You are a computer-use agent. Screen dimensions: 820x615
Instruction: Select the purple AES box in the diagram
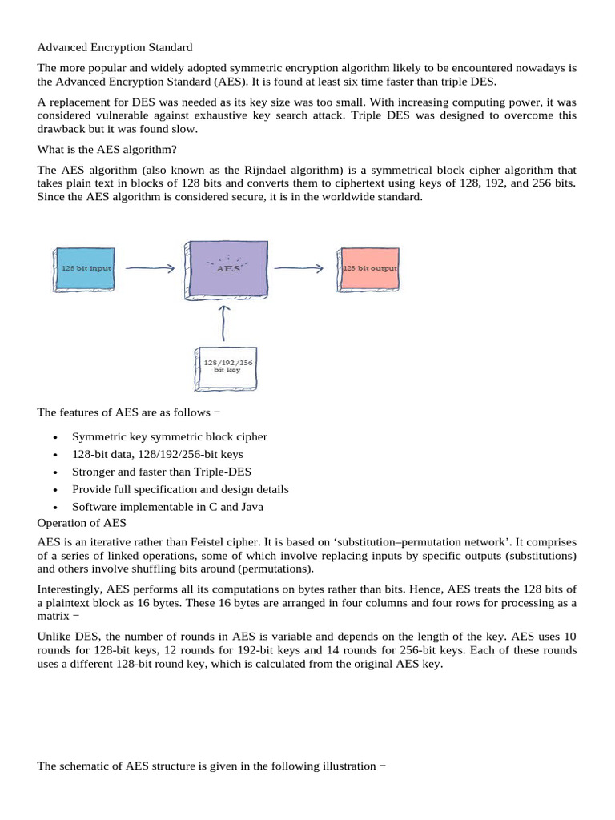[x=229, y=270]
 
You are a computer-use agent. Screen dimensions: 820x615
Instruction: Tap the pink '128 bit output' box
[x=370, y=268]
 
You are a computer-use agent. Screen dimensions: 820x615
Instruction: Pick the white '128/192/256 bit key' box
[x=228, y=367]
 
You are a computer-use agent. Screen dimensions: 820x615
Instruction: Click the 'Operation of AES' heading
[x=82, y=524]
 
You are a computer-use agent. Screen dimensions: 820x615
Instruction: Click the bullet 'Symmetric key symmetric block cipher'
[x=170, y=436]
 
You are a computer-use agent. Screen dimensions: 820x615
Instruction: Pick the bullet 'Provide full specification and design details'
[x=180, y=489]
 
